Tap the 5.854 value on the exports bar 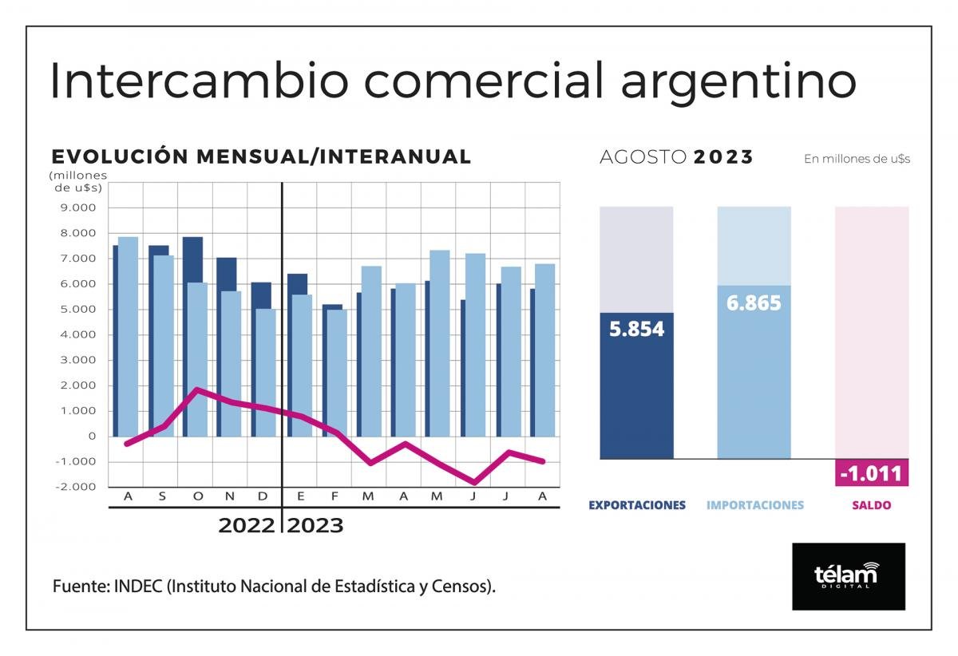coord(636,329)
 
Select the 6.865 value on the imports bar coord(754,303)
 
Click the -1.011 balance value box coord(872,474)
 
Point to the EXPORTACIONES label coord(636,505)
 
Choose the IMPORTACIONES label coord(754,505)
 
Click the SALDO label coord(872,505)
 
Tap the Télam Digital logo coord(848,576)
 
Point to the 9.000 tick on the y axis coord(77,208)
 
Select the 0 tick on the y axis coord(92,437)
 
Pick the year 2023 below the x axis coord(315,526)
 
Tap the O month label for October coord(197,497)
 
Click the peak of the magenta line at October coord(196,389)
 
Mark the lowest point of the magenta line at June coord(475,482)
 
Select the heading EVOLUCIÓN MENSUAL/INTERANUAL coord(261,156)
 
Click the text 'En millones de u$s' coord(857,159)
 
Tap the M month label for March coord(368,497)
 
